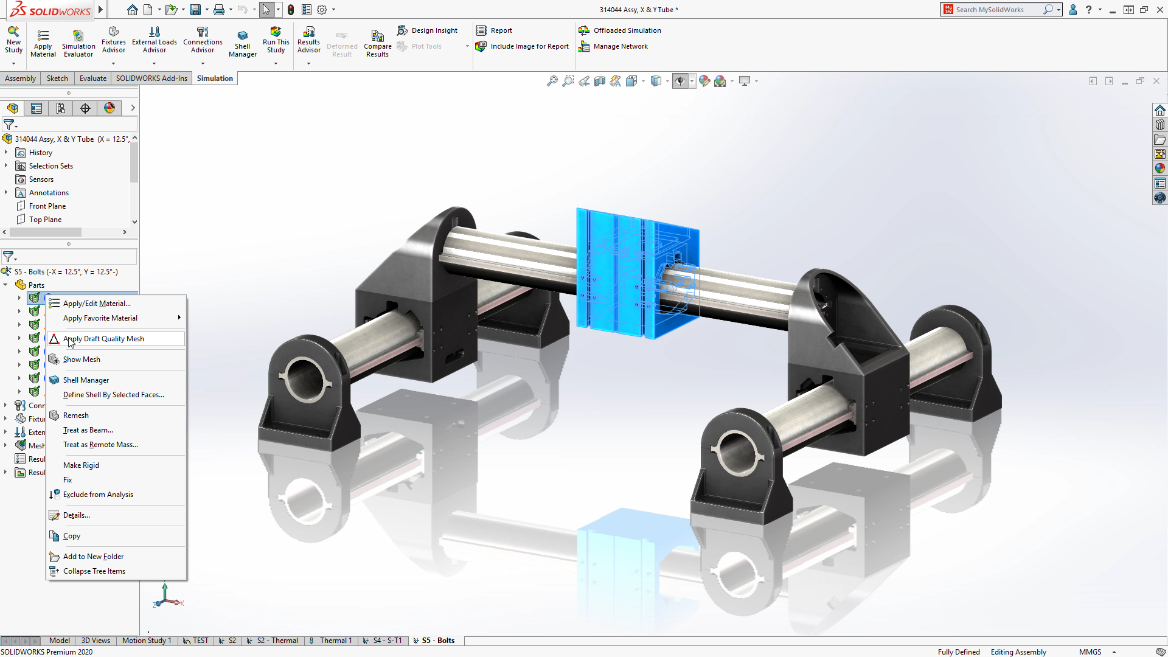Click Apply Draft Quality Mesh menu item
pyautogui.click(x=103, y=339)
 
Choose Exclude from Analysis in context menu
pyautogui.click(x=98, y=495)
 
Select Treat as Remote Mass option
pyautogui.click(x=100, y=445)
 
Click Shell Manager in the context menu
pyautogui.click(x=86, y=380)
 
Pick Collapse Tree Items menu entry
pyautogui.click(x=94, y=571)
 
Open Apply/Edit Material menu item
pyautogui.click(x=97, y=304)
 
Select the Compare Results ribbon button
pyautogui.click(x=377, y=43)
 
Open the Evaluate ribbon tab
pyautogui.click(x=92, y=78)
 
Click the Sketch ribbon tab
pyautogui.click(x=57, y=78)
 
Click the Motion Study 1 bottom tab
pyautogui.click(x=146, y=641)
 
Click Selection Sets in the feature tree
pyautogui.click(x=50, y=166)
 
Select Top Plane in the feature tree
pyautogui.click(x=45, y=220)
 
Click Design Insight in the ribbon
pyautogui.click(x=434, y=30)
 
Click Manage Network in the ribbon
pyautogui.click(x=620, y=46)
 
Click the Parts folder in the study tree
pyautogui.click(x=36, y=285)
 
